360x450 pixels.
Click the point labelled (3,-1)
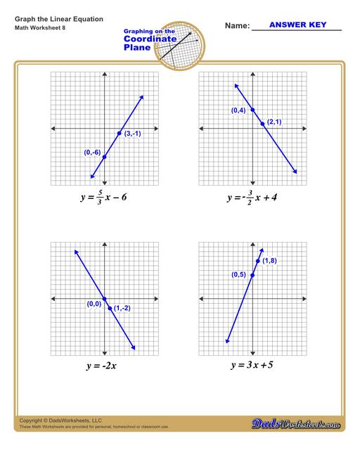pyautogui.click(x=119, y=133)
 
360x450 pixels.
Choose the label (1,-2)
pyautogui.click(x=122, y=308)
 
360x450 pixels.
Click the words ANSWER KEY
pyautogui.click(x=295, y=25)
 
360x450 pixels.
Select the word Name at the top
pyautogui.click(x=236, y=26)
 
